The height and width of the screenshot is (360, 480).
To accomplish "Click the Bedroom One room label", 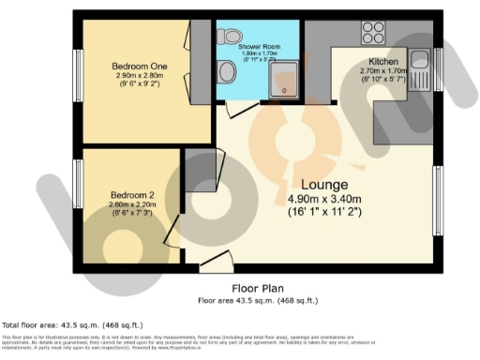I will (133, 66).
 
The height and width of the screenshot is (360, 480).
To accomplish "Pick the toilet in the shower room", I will (226, 37).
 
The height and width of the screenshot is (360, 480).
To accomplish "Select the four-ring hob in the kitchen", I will (370, 34).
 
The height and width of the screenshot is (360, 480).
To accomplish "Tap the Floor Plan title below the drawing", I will (259, 289).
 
